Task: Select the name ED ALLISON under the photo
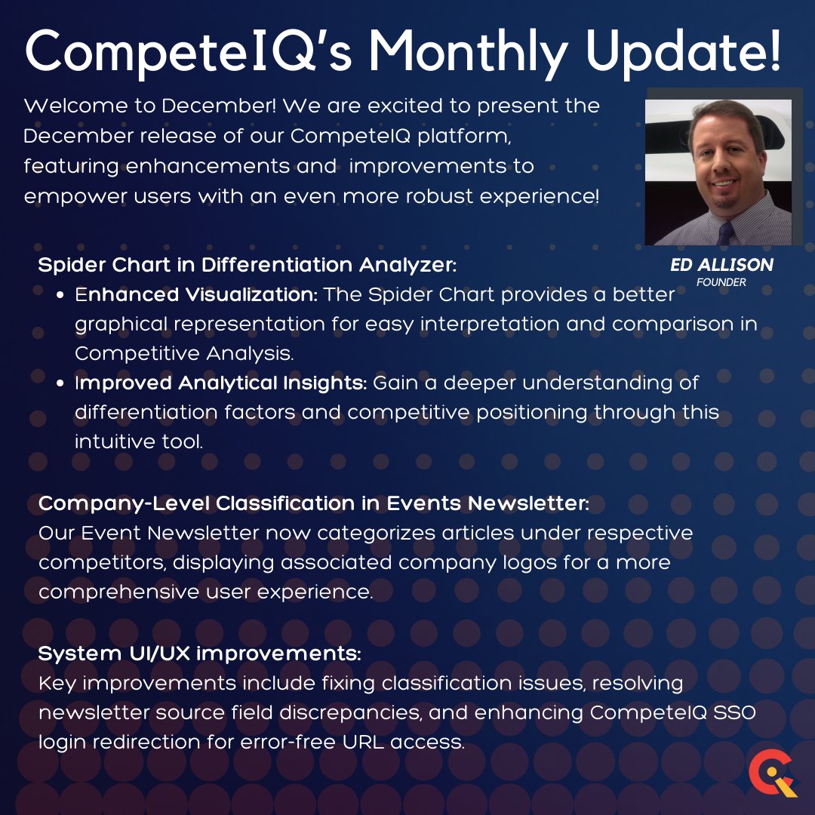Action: tap(721, 265)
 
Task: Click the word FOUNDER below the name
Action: tap(721, 282)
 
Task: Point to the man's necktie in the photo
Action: tap(725, 231)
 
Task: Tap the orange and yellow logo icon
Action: tap(770, 777)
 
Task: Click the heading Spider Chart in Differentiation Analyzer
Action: tap(248, 266)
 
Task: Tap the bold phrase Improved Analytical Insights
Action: tap(220, 383)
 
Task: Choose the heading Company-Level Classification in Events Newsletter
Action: tap(314, 503)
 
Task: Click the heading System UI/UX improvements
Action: tap(199, 654)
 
